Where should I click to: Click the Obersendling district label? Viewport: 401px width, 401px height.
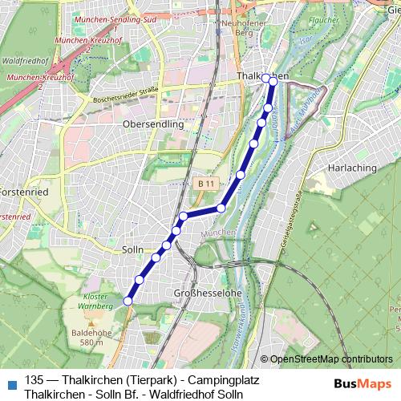pos(153,124)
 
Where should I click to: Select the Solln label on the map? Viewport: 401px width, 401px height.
pos(132,250)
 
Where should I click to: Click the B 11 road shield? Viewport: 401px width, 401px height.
pos(205,184)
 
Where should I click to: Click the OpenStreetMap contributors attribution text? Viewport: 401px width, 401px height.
pos(331,359)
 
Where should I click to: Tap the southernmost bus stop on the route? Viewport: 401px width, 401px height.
pos(128,301)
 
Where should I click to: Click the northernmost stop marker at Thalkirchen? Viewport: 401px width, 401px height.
pos(273,80)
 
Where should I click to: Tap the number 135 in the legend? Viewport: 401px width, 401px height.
pos(34,381)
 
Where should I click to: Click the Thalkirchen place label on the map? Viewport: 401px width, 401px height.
pos(261,75)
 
